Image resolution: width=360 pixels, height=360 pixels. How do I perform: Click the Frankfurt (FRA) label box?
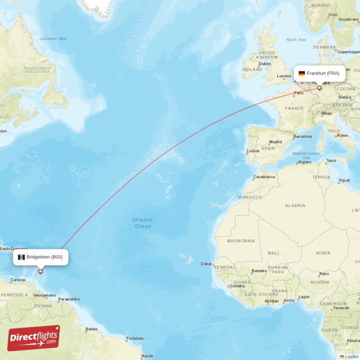pos(320,73)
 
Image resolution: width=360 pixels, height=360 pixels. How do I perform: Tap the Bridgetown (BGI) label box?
pos(41,257)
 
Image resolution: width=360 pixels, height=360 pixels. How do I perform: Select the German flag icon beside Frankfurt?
pos(301,73)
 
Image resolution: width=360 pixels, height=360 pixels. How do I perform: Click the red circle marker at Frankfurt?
pos(319,88)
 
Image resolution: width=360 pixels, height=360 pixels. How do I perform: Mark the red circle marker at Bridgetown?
pos(40,271)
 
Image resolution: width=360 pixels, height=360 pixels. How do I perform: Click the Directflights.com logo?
pos(33,338)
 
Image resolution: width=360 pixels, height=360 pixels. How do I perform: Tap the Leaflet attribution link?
pos(351,356)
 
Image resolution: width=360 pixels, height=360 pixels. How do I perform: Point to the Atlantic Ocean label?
pos(142,223)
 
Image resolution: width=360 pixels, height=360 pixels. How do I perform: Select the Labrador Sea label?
pos(53,39)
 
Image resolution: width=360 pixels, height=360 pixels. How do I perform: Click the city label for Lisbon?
pos(253,151)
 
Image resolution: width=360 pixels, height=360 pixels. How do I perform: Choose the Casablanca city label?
pos(264,177)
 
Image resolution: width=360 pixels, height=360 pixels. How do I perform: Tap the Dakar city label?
pos(207,264)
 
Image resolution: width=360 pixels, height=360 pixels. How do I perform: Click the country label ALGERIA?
pos(295,206)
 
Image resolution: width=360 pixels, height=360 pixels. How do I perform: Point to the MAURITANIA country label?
pos(241,241)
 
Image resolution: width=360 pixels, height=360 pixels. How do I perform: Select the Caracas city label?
pos(18,280)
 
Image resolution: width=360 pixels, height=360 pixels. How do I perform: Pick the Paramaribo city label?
pos(69,299)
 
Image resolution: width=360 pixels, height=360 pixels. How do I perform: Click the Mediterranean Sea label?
pos(306,156)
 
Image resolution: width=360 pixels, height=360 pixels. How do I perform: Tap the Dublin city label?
pos(265,64)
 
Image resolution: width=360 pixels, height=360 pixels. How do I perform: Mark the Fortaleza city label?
pos(135,338)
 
